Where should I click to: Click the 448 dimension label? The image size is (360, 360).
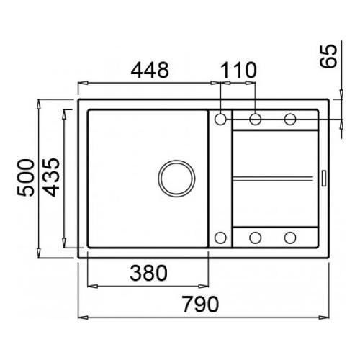[150, 70]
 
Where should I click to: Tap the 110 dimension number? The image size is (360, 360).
[238, 70]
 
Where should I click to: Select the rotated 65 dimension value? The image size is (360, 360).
[328, 56]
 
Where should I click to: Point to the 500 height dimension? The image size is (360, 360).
[26, 178]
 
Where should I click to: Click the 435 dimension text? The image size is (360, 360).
[51, 178]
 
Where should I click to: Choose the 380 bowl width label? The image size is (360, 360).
[148, 273]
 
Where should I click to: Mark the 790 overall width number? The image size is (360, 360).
[200, 304]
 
